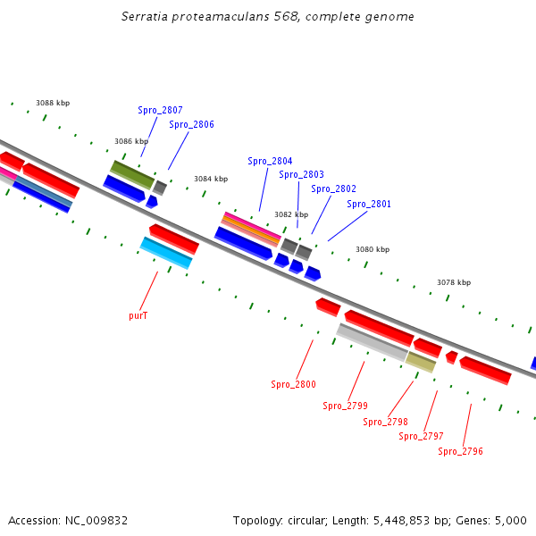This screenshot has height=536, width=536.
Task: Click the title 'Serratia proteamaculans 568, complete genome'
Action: click(267, 17)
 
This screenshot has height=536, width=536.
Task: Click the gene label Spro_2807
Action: click(160, 111)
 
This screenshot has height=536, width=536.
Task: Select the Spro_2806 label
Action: click(191, 125)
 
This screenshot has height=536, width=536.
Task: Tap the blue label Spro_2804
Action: click(270, 161)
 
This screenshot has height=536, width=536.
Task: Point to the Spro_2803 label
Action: click(301, 175)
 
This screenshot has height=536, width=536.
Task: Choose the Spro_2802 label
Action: click(333, 188)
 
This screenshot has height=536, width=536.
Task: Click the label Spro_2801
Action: click(369, 204)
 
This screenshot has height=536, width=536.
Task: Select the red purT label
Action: click(138, 315)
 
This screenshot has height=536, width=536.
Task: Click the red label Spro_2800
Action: click(293, 384)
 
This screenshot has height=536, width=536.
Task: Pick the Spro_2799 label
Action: click(345, 406)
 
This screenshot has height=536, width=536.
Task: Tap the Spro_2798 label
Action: click(385, 422)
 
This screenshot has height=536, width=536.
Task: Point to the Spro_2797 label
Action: click(421, 436)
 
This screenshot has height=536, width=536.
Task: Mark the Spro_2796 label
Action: click(460, 451)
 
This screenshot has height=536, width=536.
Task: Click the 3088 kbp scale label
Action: click(53, 104)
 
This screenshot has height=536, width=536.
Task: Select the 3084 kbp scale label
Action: click(210, 179)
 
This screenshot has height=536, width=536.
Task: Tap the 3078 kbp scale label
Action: click(453, 282)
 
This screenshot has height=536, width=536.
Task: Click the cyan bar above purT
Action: click(165, 253)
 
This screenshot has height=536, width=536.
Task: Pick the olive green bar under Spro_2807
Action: click(131, 174)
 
